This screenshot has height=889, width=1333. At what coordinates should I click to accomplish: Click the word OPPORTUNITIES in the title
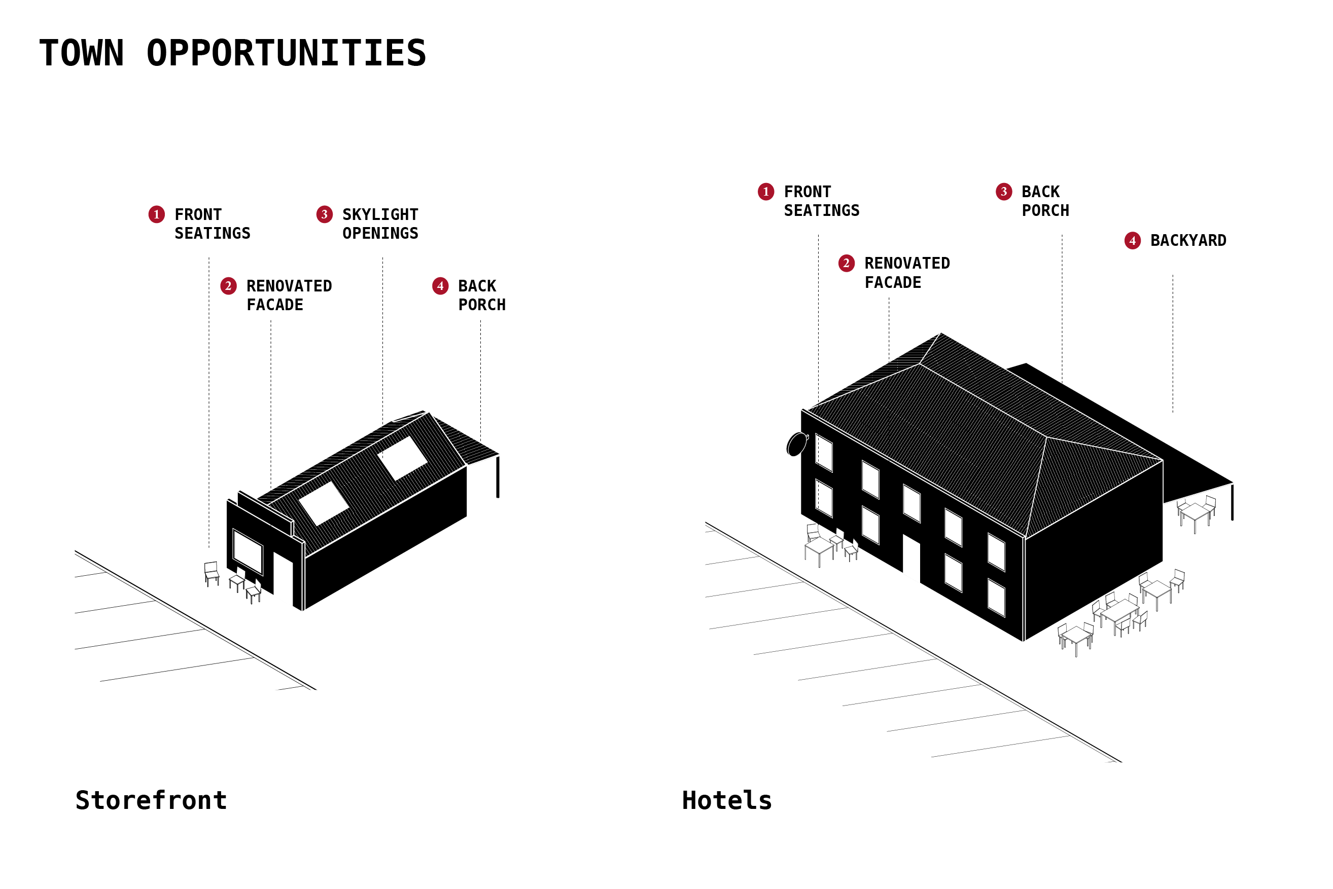(x=286, y=53)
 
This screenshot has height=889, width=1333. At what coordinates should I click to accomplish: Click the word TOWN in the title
(x=82, y=53)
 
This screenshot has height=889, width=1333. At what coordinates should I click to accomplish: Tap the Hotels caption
(x=727, y=800)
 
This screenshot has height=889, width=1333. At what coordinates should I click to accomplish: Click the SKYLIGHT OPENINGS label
(x=380, y=224)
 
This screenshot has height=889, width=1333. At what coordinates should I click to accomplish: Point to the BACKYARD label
(x=1188, y=240)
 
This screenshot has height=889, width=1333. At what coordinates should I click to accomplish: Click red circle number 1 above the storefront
(x=157, y=214)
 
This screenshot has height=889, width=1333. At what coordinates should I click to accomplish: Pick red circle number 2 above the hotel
(x=847, y=263)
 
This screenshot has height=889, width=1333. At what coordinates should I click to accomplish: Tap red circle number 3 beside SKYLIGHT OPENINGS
(x=324, y=214)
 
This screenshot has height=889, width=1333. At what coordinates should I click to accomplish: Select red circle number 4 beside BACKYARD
(x=1132, y=240)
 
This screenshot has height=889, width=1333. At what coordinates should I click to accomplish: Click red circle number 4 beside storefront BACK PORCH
(x=440, y=286)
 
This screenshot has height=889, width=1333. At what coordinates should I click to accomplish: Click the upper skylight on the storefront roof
(x=402, y=458)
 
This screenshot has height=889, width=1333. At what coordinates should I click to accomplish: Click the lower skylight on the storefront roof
(x=323, y=503)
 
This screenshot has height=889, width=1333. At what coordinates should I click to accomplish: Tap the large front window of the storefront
(x=248, y=551)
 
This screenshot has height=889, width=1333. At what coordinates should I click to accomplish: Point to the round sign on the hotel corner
(x=796, y=444)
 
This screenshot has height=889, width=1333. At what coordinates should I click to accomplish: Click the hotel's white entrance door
(x=911, y=559)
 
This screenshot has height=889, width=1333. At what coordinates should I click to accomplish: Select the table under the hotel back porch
(x=1196, y=512)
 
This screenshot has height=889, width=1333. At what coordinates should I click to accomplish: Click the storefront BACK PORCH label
(x=481, y=295)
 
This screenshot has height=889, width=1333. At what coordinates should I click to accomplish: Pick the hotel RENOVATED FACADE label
(x=906, y=273)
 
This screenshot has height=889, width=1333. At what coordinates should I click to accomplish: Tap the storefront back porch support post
(x=498, y=476)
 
